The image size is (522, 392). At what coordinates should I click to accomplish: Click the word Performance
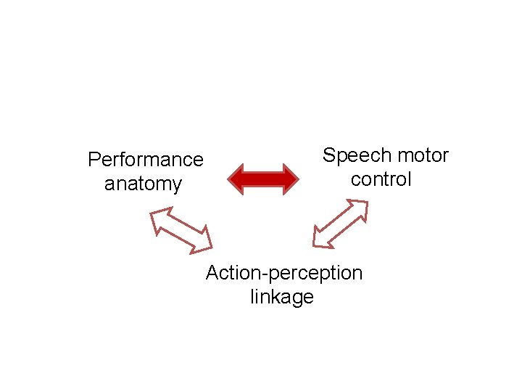145,159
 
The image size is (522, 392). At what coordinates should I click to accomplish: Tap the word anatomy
143,184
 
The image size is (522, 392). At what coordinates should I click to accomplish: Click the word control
381,179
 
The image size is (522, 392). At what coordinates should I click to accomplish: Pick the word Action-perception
283,273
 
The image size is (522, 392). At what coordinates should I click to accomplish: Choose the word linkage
282,297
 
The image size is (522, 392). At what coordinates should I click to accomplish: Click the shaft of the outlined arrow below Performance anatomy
181,229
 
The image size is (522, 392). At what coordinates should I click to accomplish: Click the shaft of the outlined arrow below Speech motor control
340,224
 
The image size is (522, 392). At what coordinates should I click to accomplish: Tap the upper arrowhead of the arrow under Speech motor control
359,210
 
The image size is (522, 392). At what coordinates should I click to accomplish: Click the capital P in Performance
94,159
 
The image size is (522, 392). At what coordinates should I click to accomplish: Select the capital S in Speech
329,155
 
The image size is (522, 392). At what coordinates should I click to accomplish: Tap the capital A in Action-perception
212,273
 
